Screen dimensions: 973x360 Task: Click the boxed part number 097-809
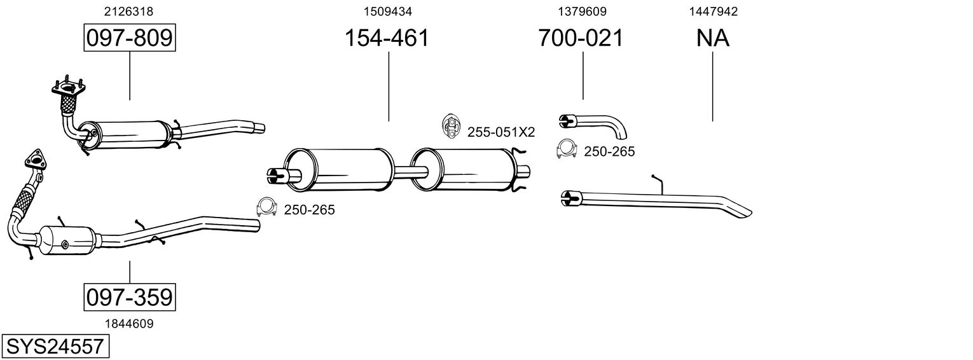coord(130,38)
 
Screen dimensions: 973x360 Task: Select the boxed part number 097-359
coord(130,297)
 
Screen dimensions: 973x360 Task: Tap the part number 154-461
coord(387,38)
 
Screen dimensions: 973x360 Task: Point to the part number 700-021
coord(581,38)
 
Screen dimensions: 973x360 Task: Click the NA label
coord(713,38)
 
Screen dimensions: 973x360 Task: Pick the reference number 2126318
coord(128,11)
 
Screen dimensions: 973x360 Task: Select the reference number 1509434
coord(387,11)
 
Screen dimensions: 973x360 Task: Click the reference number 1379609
coord(582,11)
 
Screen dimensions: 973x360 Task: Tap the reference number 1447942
coord(714,11)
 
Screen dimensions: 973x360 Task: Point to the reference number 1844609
coord(130,324)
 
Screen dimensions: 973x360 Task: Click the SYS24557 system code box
coord(55,347)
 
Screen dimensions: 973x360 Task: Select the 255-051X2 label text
coord(501,132)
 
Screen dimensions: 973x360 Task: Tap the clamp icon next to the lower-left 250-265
coord(267,207)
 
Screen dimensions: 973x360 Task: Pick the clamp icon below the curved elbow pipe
coord(567,149)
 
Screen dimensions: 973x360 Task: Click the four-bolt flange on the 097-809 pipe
coord(68,87)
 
